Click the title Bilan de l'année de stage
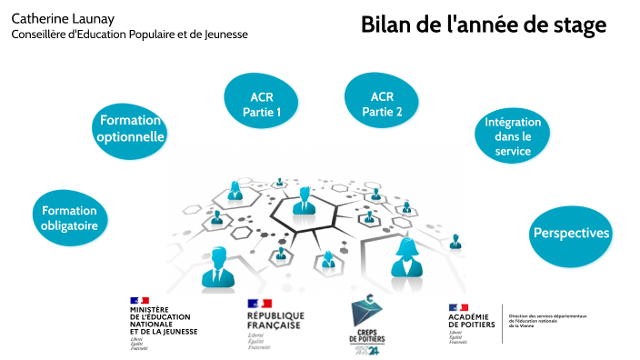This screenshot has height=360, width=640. (x=483, y=25)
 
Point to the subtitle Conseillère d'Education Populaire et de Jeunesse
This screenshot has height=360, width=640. (x=129, y=35)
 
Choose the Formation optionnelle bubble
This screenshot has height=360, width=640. (x=131, y=129)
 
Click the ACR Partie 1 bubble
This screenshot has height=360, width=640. (x=261, y=105)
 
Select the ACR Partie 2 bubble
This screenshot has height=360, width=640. (x=382, y=103)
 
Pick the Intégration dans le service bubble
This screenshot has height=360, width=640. (x=513, y=136)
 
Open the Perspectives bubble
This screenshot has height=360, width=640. (x=570, y=234)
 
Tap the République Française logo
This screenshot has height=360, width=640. (x=275, y=321)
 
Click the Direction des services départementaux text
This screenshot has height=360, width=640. (x=547, y=320)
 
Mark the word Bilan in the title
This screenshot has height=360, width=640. (x=385, y=25)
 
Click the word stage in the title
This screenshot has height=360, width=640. (x=578, y=25)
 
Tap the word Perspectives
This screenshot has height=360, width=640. (x=570, y=233)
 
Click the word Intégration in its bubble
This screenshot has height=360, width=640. (x=513, y=122)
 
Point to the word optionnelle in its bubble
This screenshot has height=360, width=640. (x=131, y=137)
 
